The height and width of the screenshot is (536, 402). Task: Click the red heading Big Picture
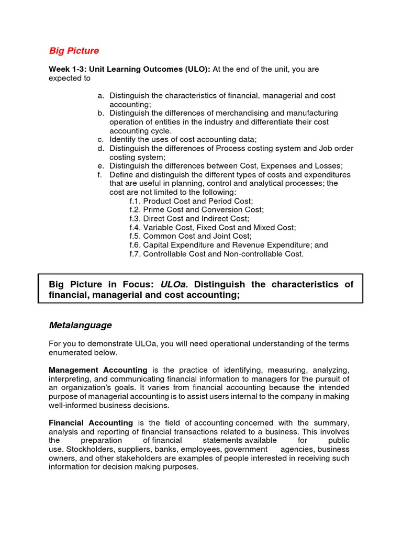(74, 51)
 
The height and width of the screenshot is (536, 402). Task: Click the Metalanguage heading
(80, 325)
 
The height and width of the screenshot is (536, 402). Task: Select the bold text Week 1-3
(67, 69)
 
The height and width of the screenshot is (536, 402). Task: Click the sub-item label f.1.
(135, 201)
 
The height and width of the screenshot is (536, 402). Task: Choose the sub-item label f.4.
(135, 228)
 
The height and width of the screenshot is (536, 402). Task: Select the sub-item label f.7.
(135, 254)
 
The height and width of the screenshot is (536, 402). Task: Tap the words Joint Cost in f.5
(232, 237)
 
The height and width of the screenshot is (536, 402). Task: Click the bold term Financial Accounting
(91, 423)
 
